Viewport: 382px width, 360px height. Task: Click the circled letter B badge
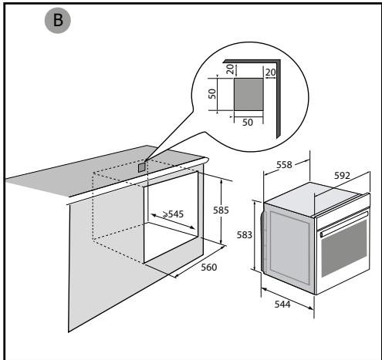click(x=58, y=20)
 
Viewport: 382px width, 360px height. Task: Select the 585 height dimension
click(x=221, y=210)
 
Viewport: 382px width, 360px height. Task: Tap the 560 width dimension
click(x=209, y=267)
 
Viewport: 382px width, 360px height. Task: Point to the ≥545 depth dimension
click(x=173, y=214)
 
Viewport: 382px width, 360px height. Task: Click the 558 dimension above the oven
click(x=284, y=165)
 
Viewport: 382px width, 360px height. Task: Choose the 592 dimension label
click(x=342, y=176)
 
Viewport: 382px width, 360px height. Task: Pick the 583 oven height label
click(x=245, y=235)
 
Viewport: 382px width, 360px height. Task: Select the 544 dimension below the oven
click(x=282, y=304)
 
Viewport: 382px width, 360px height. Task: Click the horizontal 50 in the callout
click(x=248, y=123)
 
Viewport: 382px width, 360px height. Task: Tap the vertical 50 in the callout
click(x=212, y=94)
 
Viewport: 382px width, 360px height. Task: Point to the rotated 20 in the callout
click(x=230, y=69)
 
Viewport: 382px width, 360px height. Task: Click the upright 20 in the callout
click(x=270, y=72)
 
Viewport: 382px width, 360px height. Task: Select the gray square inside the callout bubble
click(x=248, y=95)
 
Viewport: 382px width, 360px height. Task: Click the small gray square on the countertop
click(x=142, y=167)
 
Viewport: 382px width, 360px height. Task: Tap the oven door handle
click(x=344, y=223)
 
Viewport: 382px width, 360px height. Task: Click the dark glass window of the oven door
click(x=344, y=248)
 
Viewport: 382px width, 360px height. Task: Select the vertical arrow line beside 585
click(x=221, y=212)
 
